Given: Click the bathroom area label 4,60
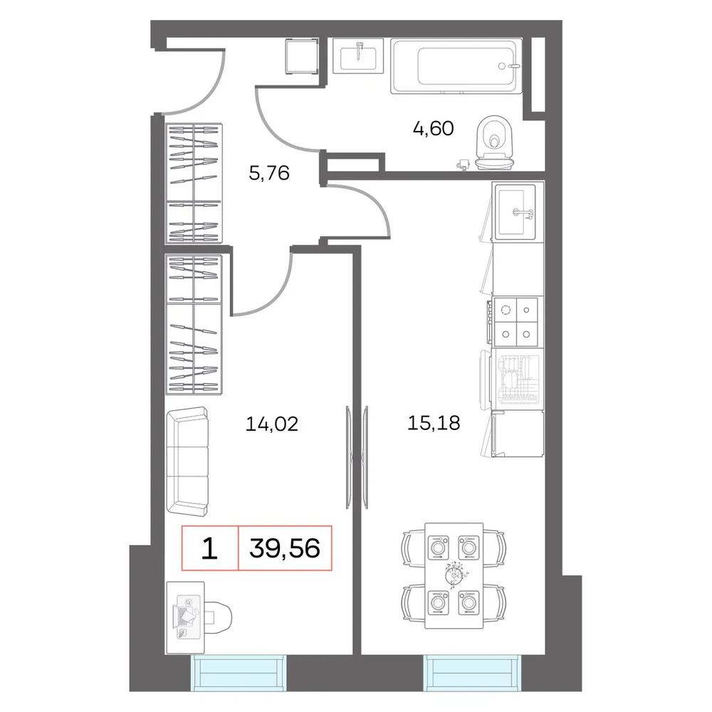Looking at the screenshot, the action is pyautogui.click(x=433, y=128).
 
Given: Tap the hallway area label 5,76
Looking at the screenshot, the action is pyautogui.click(x=269, y=173).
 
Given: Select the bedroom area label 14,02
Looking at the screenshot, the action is pyautogui.click(x=271, y=424).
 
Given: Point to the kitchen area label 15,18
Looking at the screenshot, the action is pyautogui.click(x=434, y=423).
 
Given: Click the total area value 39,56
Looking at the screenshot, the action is pyautogui.click(x=285, y=548).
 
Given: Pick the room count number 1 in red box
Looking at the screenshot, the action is pyautogui.click(x=209, y=548).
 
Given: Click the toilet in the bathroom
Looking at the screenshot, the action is pyautogui.click(x=494, y=142).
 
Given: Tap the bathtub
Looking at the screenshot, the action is pyautogui.click(x=456, y=66).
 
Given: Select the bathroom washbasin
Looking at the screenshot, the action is pyautogui.click(x=358, y=56).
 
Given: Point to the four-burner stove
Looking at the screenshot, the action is pyautogui.click(x=515, y=322).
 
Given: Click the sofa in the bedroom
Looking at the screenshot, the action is pyautogui.click(x=187, y=461).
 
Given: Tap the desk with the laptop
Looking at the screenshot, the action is pyautogui.click(x=185, y=617).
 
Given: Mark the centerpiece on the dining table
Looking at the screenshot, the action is pyautogui.click(x=454, y=575).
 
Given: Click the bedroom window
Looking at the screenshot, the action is pyautogui.click(x=239, y=673).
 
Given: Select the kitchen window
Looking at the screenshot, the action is pyautogui.click(x=473, y=673).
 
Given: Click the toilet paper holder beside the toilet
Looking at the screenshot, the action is pyautogui.click(x=464, y=164).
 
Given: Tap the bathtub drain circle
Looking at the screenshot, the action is pyautogui.click(x=502, y=66).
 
